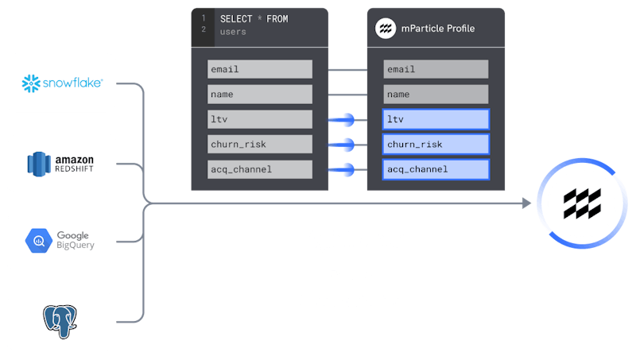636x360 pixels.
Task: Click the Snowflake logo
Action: [63, 83]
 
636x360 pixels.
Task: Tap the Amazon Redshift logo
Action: [60, 164]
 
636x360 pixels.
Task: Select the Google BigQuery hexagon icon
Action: [38, 241]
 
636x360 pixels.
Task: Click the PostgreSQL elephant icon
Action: [60, 322]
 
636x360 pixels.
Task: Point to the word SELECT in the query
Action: [236, 19]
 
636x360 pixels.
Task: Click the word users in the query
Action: [233, 32]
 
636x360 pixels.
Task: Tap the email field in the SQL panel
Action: [260, 69]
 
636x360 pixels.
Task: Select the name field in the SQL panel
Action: [260, 95]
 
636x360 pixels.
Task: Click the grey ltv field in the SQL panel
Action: [260, 119]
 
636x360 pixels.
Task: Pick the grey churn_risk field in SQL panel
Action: [260, 145]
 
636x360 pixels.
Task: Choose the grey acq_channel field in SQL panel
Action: [260, 169]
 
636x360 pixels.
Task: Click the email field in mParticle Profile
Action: [436, 69]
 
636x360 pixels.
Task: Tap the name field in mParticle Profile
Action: [436, 95]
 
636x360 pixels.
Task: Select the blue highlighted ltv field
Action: [436, 119]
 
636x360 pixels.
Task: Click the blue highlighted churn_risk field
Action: [436, 145]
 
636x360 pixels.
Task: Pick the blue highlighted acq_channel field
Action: [436, 169]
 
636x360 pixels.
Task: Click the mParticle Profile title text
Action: [438, 29]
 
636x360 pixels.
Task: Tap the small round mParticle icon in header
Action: [386, 29]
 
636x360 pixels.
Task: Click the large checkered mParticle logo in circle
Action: [582, 203]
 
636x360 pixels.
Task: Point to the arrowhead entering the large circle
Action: [527, 203]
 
